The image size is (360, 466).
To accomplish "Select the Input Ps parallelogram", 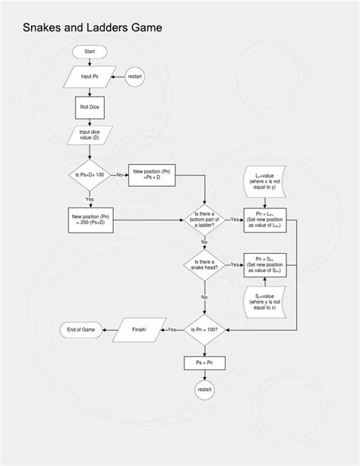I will (x=90, y=76).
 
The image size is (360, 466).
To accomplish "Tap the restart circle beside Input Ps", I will (x=134, y=76).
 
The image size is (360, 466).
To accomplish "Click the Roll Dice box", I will (x=90, y=107).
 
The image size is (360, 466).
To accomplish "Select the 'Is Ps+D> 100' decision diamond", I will (x=90, y=175).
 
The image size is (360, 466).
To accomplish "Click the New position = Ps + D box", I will (x=156, y=175).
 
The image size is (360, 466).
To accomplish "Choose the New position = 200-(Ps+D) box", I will (x=90, y=220).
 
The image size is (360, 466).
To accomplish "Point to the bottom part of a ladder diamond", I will (x=204, y=220).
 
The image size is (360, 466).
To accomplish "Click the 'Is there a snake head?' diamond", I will (x=204, y=265).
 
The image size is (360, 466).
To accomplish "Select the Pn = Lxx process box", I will (x=264, y=220).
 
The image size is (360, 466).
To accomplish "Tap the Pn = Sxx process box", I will (x=264, y=265).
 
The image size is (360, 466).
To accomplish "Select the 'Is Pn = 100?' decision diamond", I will (x=204, y=329).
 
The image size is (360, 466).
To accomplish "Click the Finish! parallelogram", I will (x=138, y=329).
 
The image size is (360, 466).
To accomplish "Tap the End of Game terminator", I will (x=80, y=329).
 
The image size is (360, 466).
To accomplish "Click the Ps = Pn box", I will (x=204, y=363).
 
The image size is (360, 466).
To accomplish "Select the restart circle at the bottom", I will (x=204, y=389).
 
